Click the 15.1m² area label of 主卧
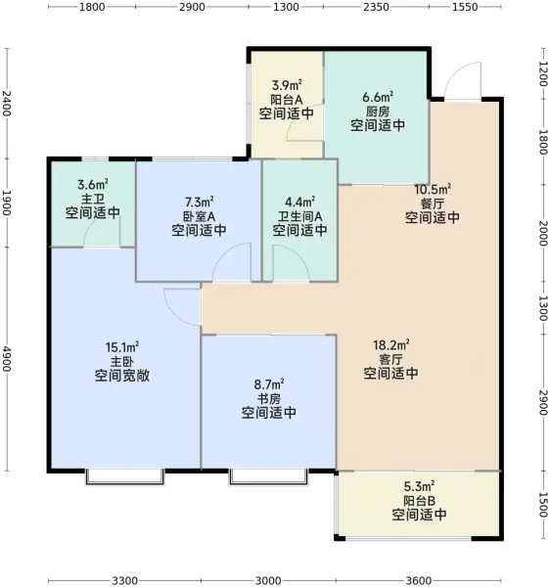click(x=122, y=347)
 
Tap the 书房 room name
click(x=269, y=398)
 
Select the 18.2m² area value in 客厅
click(x=390, y=344)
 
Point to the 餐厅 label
click(x=433, y=203)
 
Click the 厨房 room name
click(x=378, y=112)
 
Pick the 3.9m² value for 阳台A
click(x=287, y=85)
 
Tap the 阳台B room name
click(x=419, y=501)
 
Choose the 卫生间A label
click(x=299, y=216)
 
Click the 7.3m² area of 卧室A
click(x=200, y=203)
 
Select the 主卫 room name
click(x=93, y=199)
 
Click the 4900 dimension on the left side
click(x=7, y=359)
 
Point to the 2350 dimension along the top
click(x=376, y=7)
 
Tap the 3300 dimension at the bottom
click(x=125, y=580)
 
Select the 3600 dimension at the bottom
click(x=419, y=580)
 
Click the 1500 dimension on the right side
click(x=543, y=504)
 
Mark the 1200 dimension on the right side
click(x=543, y=73)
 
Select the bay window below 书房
click(x=268, y=476)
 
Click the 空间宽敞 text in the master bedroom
click(x=122, y=376)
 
